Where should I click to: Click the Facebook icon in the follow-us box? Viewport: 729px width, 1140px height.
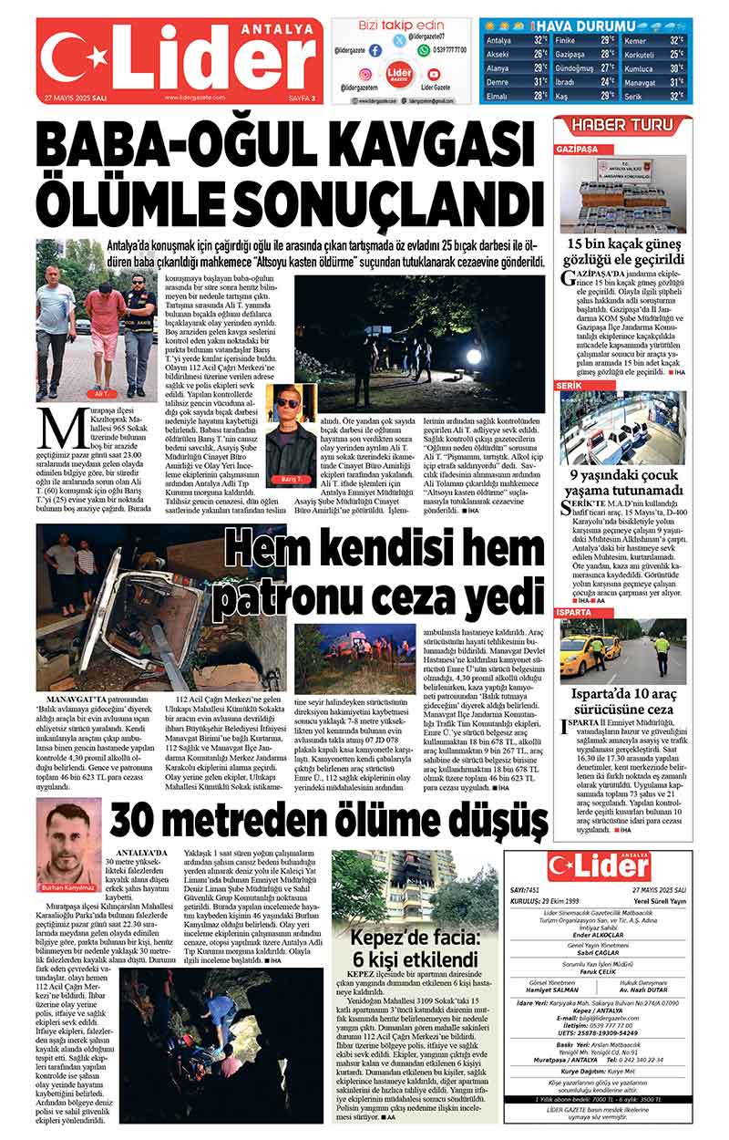tap(375, 51)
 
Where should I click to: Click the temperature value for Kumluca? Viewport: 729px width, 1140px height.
tap(676, 68)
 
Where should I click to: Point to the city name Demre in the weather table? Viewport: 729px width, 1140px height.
tap(498, 82)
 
